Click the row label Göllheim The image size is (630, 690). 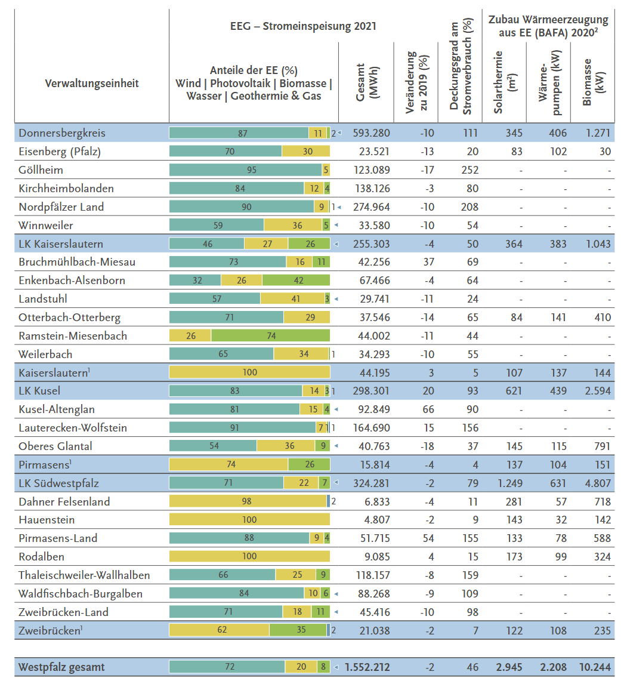[x=41, y=170]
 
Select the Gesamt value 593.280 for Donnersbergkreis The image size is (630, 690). [x=372, y=133]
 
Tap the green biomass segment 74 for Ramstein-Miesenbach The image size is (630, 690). [x=271, y=336]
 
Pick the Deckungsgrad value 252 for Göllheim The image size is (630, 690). [x=470, y=170]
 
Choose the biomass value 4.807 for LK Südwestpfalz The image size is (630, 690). [x=598, y=483]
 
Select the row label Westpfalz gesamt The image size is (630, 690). [x=61, y=667]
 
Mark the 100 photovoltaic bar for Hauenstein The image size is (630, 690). [x=249, y=520]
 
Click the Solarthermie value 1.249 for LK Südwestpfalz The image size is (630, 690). [x=509, y=483]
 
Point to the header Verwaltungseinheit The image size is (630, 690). [x=92, y=84]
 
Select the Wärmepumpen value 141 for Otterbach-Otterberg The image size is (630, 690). [x=558, y=318]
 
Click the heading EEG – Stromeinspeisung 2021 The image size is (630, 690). [x=303, y=27]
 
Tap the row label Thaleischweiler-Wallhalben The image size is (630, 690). [x=84, y=575]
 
